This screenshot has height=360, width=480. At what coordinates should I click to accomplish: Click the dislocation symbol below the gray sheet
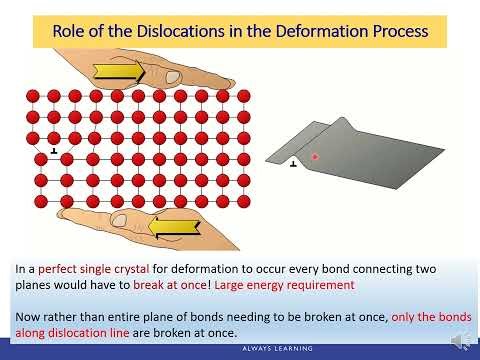click(x=293, y=165)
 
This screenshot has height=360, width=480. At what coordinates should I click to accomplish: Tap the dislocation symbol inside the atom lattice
click(x=53, y=151)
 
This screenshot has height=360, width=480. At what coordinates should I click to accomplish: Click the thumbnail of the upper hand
click(x=172, y=77)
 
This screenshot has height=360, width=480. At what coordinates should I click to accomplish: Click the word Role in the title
click(x=70, y=32)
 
